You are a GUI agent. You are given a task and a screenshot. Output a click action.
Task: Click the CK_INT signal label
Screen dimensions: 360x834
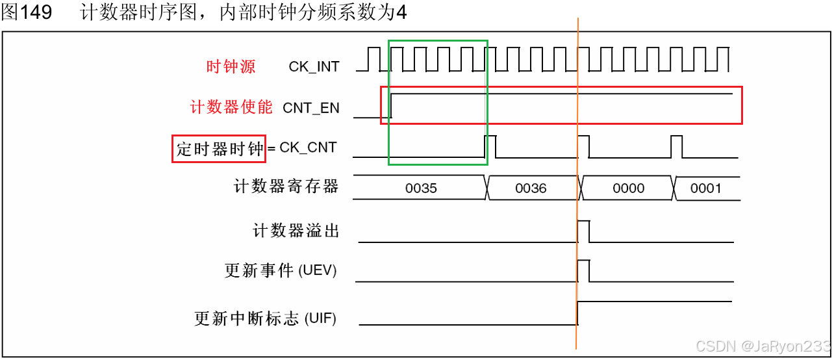click(314, 66)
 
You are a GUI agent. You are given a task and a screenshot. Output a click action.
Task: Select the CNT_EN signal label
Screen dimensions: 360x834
click(311, 108)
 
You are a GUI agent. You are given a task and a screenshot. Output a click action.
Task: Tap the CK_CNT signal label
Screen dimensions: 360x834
click(308, 148)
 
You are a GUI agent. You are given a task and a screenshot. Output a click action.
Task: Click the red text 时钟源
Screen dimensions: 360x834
click(231, 66)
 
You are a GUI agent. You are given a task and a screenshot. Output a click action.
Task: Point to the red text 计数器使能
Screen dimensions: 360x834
click(231, 107)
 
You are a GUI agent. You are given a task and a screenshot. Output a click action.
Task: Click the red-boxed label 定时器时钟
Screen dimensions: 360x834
click(219, 149)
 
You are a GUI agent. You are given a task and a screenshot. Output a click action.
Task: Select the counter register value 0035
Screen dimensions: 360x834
click(421, 188)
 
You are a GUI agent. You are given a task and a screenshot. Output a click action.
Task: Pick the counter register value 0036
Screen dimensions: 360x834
click(531, 188)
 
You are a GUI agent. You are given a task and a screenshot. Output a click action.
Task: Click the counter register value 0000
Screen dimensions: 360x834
click(628, 188)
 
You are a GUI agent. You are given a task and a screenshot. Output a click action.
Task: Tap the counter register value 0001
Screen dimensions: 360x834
click(705, 188)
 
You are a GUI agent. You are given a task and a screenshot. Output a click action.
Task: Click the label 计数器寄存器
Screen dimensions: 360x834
click(286, 187)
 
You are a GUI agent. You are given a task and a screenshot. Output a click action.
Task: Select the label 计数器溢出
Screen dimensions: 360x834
click(296, 231)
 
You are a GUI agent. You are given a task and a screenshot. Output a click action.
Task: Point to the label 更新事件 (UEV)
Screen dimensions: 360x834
click(281, 271)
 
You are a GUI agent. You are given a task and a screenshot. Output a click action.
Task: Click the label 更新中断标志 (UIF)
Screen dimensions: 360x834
click(266, 318)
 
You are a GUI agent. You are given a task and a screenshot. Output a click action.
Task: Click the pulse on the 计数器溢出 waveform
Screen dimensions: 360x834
click(583, 230)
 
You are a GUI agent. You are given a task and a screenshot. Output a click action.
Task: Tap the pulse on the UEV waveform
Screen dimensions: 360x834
click(583, 270)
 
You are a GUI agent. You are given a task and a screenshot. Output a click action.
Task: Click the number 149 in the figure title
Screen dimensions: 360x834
click(36, 13)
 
